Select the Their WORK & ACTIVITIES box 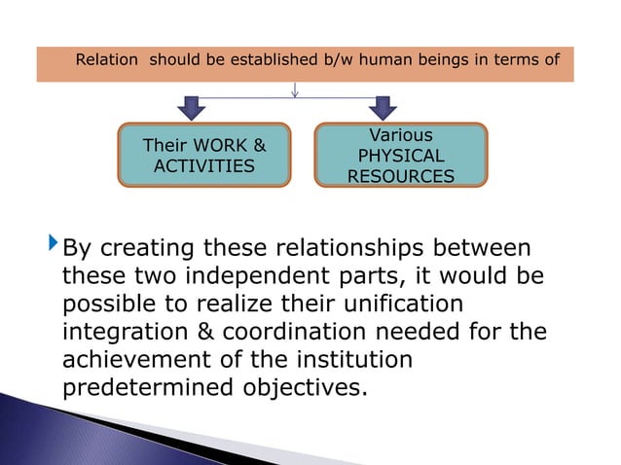click(x=204, y=155)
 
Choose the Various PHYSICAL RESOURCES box click(x=401, y=155)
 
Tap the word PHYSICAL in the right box click(x=401, y=156)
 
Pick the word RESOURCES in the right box click(x=401, y=176)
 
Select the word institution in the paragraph click(x=347, y=360)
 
